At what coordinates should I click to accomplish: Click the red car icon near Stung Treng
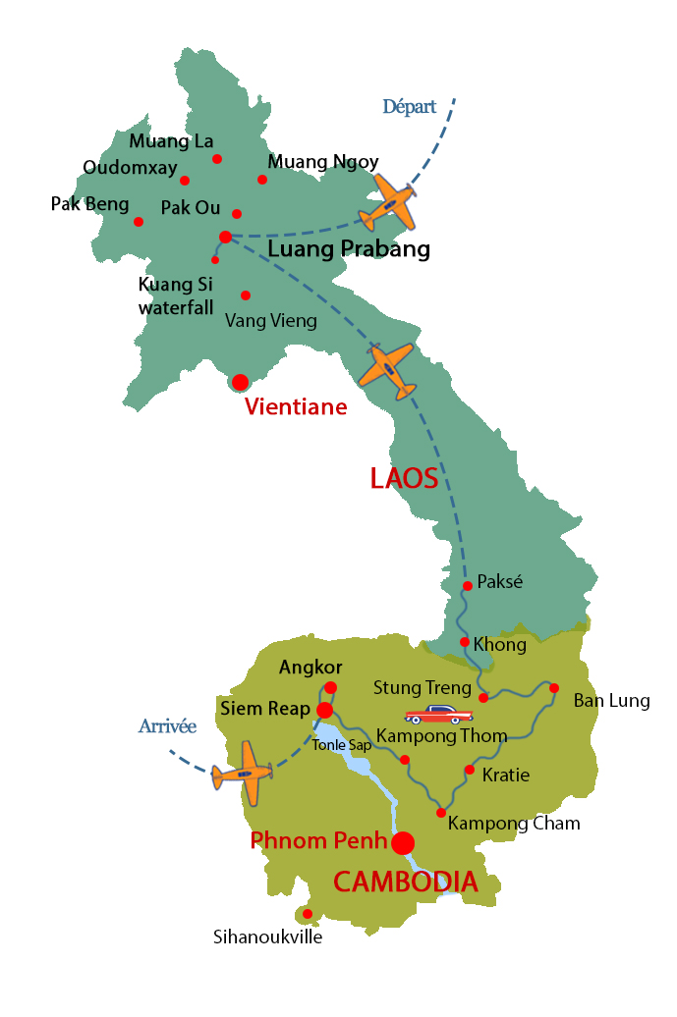coord(438,715)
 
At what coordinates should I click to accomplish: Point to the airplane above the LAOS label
coord(387,369)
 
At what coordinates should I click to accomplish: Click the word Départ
coord(409,107)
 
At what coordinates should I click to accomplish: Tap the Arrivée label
coord(167,727)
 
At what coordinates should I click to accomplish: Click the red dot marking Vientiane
coord(240,382)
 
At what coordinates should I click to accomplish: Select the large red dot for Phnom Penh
coord(403,843)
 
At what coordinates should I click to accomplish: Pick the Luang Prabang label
coord(349,249)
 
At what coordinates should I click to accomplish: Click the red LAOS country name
coord(403,479)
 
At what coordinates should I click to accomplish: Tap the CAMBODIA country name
coord(405,882)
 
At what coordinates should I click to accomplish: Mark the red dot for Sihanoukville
coord(308,914)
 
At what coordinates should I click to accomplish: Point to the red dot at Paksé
coord(468,586)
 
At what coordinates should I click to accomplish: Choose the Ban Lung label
coord(611,701)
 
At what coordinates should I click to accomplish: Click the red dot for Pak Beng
coord(139,222)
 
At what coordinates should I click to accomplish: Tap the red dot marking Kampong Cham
coord(441,813)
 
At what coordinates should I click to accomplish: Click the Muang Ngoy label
coord(323,162)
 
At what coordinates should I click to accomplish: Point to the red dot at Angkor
coord(331,687)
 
